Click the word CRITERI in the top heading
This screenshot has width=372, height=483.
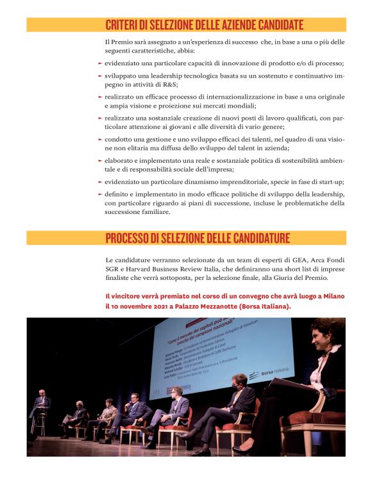click(123, 26)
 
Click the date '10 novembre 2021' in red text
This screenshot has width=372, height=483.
click(139, 306)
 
